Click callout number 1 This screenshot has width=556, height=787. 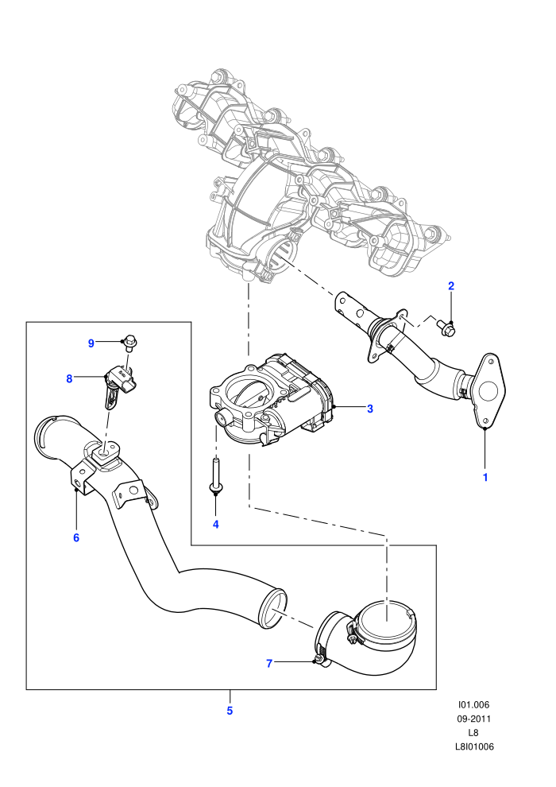(x=485, y=477)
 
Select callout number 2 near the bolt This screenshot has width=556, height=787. (x=450, y=286)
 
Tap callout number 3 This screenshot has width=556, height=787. (x=370, y=409)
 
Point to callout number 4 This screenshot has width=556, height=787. (x=215, y=525)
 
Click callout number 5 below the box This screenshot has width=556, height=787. (x=230, y=711)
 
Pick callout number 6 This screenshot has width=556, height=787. (x=76, y=537)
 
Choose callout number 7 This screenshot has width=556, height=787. (x=269, y=664)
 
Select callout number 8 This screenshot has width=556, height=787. (x=69, y=378)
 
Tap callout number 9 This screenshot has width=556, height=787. (x=91, y=343)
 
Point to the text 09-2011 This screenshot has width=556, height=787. (x=473, y=719)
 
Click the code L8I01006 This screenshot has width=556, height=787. (x=473, y=746)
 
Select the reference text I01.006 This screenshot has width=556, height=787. (x=473, y=704)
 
